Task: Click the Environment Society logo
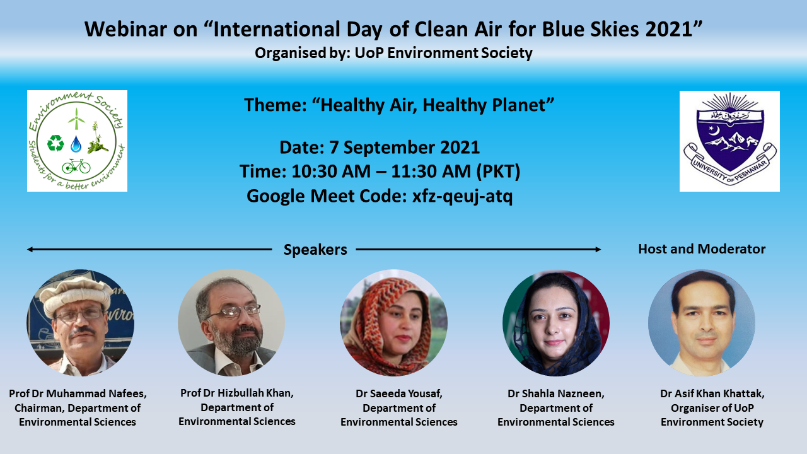[77, 141]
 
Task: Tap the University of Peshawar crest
[729, 141]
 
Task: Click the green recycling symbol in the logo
[55, 143]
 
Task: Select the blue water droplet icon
[76, 143]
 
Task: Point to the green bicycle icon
[76, 166]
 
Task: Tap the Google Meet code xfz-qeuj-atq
[462, 196]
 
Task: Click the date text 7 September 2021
[405, 148]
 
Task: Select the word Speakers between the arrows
[315, 250]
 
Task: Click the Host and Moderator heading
[702, 249]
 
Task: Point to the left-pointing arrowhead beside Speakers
[30, 249]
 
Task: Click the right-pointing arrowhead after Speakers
[598, 249]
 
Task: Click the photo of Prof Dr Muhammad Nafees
[81, 323]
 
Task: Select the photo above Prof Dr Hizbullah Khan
[231, 322]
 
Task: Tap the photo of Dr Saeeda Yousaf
[394, 323]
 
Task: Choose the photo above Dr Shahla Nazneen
[556, 323]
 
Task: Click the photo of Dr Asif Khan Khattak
[702, 323]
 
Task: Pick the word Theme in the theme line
[273, 105]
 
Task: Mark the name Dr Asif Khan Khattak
[712, 393]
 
